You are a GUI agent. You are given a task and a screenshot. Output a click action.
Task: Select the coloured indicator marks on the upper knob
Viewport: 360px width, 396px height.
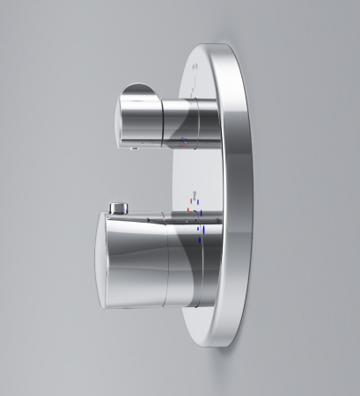pos(183,140)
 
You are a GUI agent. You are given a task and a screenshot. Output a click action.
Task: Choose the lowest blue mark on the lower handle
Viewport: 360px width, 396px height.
pos(203,235)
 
